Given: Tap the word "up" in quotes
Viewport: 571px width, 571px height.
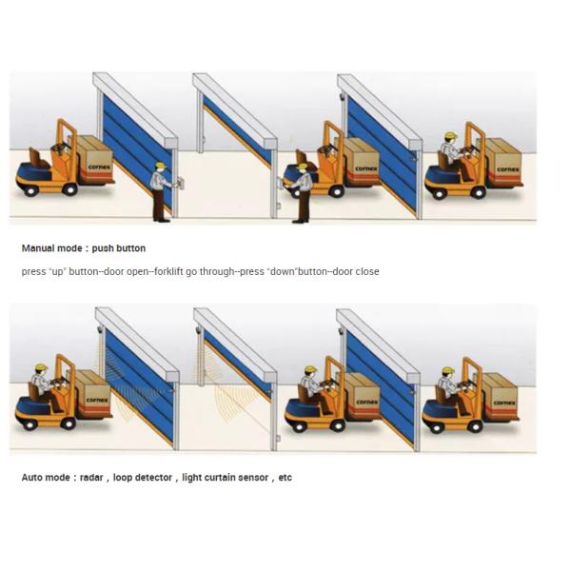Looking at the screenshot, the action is pyautogui.click(x=57, y=271).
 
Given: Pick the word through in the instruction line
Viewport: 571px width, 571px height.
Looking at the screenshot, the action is pyautogui.click(x=217, y=272).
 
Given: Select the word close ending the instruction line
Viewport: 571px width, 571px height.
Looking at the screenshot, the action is pyautogui.click(x=367, y=271).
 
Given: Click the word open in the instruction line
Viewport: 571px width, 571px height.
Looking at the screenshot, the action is pyautogui.click(x=138, y=272).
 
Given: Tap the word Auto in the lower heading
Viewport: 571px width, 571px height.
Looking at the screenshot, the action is pyautogui.click(x=31, y=478).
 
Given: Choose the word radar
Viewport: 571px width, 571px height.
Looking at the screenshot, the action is pyautogui.click(x=91, y=478).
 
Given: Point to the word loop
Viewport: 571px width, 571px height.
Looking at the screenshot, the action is pyautogui.click(x=122, y=478).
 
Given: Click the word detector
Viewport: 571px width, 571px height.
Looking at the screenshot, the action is pyautogui.click(x=153, y=478).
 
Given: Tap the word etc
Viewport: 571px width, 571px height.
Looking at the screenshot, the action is pyautogui.click(x=285, y=478).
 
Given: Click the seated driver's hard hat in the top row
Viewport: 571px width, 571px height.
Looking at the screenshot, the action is pyautogui.click(x=451, y=136).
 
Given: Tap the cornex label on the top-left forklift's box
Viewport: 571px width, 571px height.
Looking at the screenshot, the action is pyautogui.click(x=99, y=167).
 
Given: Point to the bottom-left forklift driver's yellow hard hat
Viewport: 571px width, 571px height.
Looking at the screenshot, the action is pyautogui.click(x=42, y=367).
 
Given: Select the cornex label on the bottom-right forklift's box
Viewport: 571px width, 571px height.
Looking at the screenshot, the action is pyautogui.click(x=504, y=403).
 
